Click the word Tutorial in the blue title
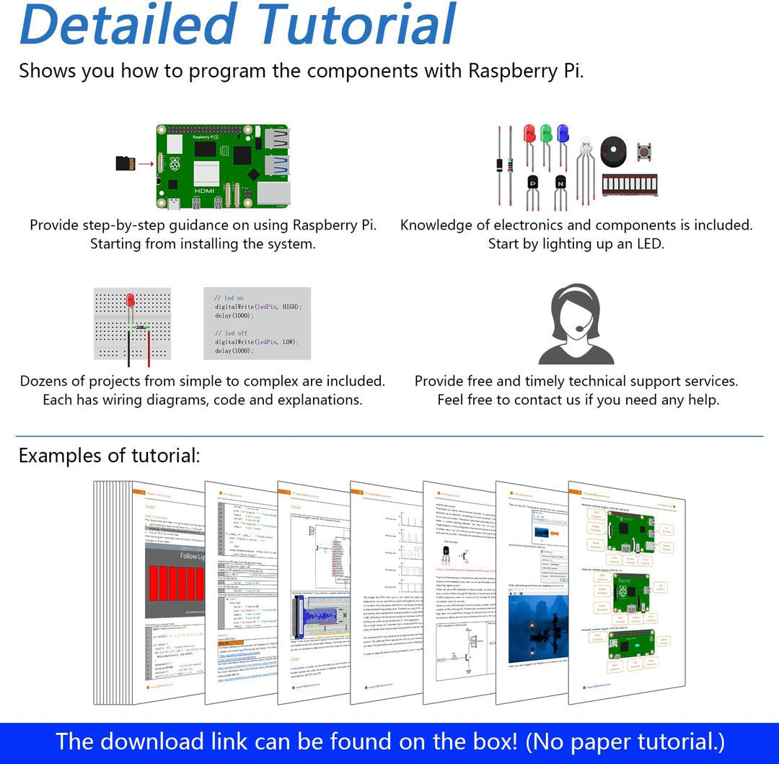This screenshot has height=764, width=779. pos(356,25)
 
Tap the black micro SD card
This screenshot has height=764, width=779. pos(126,164)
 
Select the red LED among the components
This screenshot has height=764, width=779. pos(529,134)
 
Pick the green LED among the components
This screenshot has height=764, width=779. pos(546,134)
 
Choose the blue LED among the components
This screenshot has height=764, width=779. pos(563,134)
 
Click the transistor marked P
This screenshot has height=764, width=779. pos(533,184)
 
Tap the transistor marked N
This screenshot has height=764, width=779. pos(560,184)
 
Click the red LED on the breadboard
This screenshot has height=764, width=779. pos(131,300)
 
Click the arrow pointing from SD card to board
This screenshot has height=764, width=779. pos(146,164)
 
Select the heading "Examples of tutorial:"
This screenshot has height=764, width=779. pos(110,456)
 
